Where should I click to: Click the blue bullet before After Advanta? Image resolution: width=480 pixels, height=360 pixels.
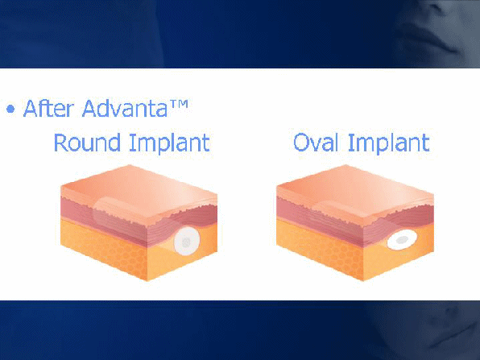(x=10, y=109)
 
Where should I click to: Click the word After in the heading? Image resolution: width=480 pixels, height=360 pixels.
(x=48, y=108)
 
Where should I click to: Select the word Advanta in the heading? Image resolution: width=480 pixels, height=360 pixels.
(x=125, y=108)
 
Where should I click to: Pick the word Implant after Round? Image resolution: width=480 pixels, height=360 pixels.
(x=169, y=143)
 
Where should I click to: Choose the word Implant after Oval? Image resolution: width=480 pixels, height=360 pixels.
(x=389, y=143)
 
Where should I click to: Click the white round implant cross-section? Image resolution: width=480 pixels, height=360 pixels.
(x=187, y=242)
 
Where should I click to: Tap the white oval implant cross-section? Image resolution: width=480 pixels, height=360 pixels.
(x=402, y=240)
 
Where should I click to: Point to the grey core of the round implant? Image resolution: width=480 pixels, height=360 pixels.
(x=186, y=242)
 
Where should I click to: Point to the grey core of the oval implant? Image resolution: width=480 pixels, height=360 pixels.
(x=402, y=240)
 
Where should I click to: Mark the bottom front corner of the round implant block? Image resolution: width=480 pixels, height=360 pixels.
(x=147, y=280)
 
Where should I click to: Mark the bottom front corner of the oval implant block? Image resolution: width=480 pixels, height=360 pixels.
(x=363, y=280)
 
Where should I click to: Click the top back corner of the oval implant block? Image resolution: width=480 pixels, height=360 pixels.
(x=346, y=165)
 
